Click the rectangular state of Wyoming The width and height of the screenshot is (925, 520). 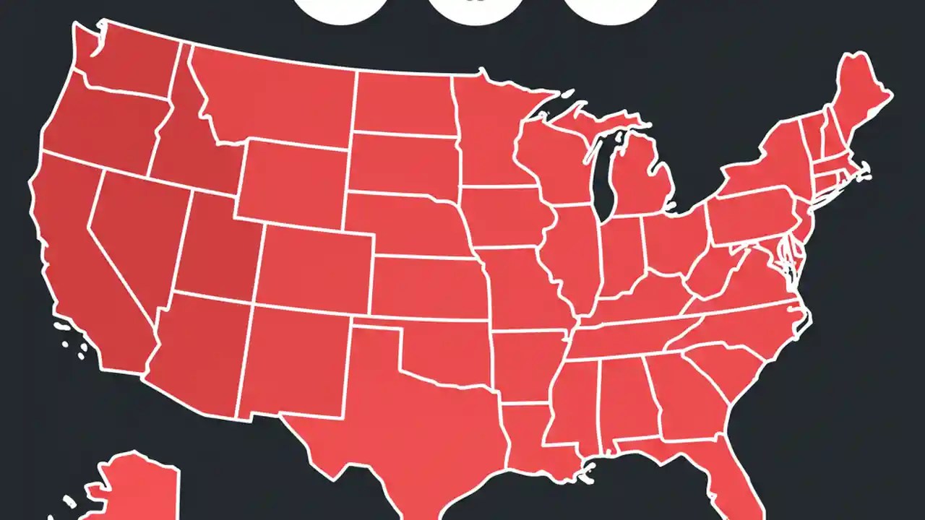(x=293, y=181)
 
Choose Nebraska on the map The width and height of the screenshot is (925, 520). (x=408, y=224)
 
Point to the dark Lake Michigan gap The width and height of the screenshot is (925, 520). (x=602, y=181)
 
